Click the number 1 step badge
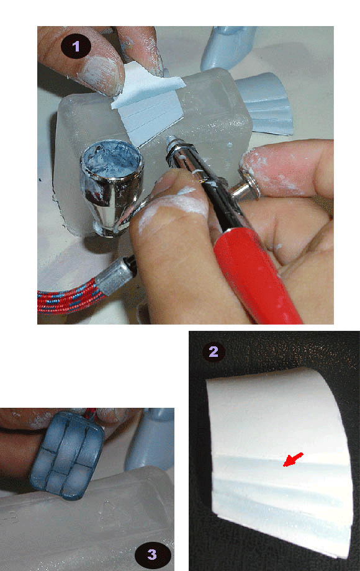pos(76,46)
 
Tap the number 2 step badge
pos(214,351)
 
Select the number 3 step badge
pos(153,555)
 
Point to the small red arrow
pos(293,459)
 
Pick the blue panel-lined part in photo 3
pos(67,455)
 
